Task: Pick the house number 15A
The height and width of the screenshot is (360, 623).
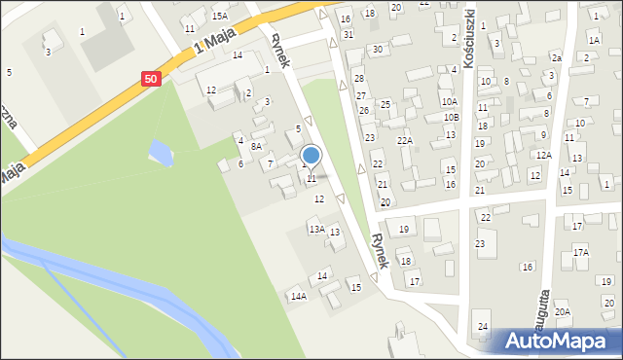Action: tap(220, 16)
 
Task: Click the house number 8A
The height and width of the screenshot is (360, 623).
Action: tap(256, 146)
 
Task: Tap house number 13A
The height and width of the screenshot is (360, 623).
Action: tap(315, 229)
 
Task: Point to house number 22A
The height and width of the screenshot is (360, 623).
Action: tap(405, 141)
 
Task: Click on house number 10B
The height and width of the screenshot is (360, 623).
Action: tap(450, 117)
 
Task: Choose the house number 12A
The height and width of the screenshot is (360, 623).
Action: tap(543, 155)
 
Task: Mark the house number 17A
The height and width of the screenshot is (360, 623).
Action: tap(580, 252)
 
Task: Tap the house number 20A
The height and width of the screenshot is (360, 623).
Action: tap(562, 311)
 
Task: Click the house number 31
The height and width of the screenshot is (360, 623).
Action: tap(348, 34)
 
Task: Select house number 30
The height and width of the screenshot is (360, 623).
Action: tap(378, 49)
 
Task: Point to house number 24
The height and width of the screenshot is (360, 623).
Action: tap(482, 325)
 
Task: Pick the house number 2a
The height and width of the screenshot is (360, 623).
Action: tap(556, 58)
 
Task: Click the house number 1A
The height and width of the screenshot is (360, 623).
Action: tap(594, 40)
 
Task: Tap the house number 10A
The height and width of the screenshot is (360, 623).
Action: tap(448, 101)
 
